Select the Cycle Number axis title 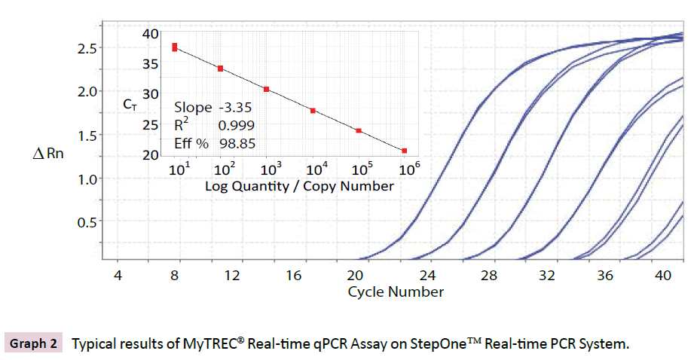tap(395, 291)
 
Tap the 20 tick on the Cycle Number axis tap(355, 276)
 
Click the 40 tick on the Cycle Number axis tap(664, 276)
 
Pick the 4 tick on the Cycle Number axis tap(118, 276)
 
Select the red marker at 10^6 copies tap(405, 151)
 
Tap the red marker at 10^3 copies tap(267, 89)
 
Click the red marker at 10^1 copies tap(175, 47)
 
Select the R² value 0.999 tap(236, 124)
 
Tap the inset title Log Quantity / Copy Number tap(299, 185)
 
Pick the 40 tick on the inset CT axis tap(151, 34)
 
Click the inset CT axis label tap(130, 105)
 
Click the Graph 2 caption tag tap(33, 344)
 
